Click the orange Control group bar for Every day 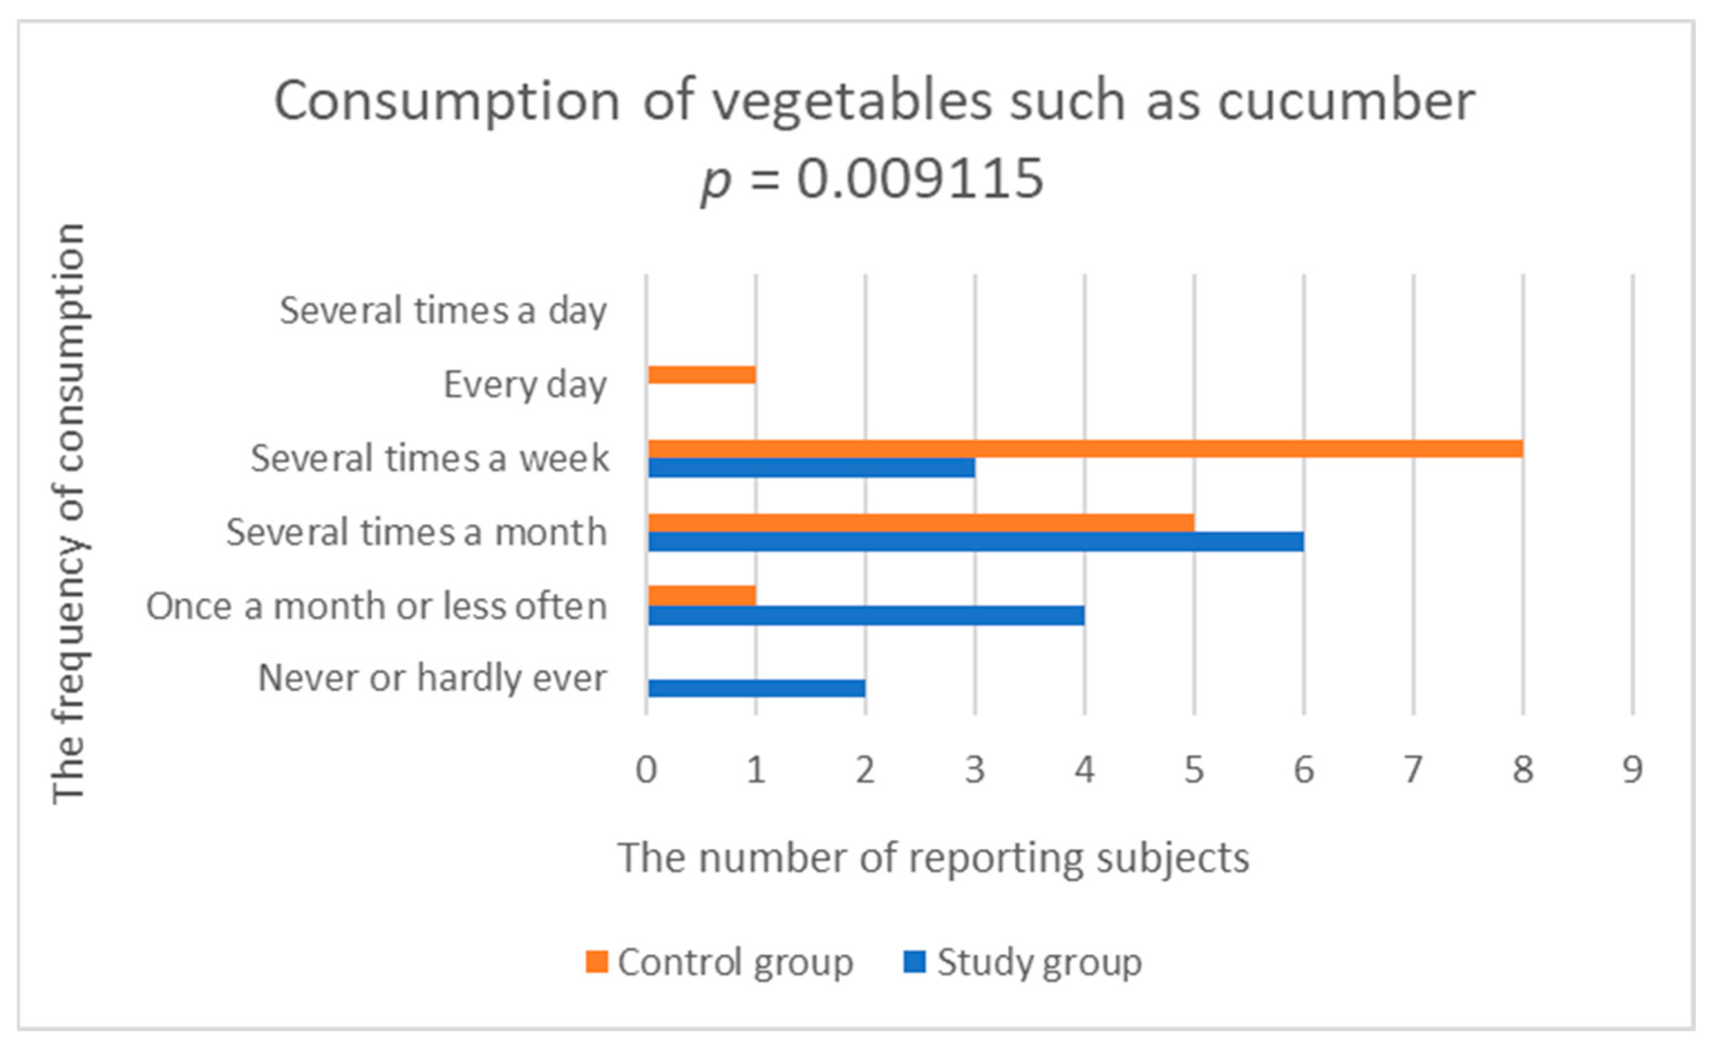point(702,375)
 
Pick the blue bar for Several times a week point(811,468)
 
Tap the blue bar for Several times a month point(976,542)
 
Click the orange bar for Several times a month point(921,523)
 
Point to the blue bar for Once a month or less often point(866,615)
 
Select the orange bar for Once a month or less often point(702,596)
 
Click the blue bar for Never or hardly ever point(756,688)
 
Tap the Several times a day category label point(443,311)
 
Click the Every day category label point(525,384)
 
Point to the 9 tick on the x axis point(1632,769)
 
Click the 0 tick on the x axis point(646,769)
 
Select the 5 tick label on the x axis point(1194,769)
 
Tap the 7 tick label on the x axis point(1413,769)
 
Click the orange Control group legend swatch point(597,962)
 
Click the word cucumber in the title point(1346,101)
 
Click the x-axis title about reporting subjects point(933,858)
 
